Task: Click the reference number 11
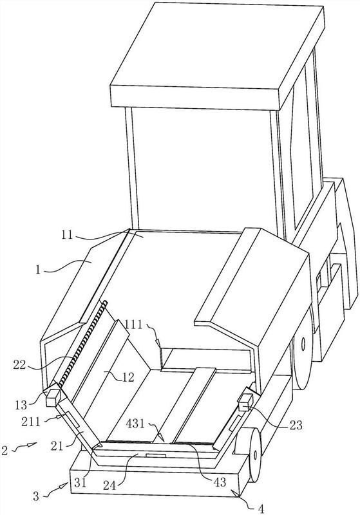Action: click(x=67, y=235)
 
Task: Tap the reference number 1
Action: click(x=39, y=271)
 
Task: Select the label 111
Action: click(x=133, y=325)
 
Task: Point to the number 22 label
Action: click(x=19, y=365)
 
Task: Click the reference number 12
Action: click(x=128, y=377)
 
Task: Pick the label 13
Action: click(x=21, y=405)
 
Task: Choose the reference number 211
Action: click(x=31, y=421)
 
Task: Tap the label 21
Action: click(x=57, y=446)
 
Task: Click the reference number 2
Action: click(x=5, y=450)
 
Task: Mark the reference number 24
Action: click(x=109, y=485)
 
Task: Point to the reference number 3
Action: click(x=36, y=496)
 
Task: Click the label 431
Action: click(x=136, y=424)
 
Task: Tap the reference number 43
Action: click(x=220, y=482)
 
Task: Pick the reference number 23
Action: click(x=296, y=426)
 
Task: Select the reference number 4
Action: click(x=261, y=509)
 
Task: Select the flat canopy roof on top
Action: click(x=217, y=55)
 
